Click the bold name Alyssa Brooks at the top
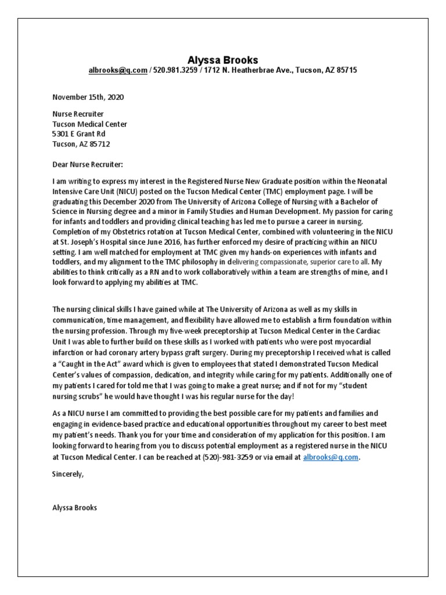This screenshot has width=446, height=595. coord(222,60)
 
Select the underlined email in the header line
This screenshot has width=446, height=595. coord(118,70)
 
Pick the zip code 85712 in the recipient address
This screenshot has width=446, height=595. coord(99,144)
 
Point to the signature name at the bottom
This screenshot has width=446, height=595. coord(75,507)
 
